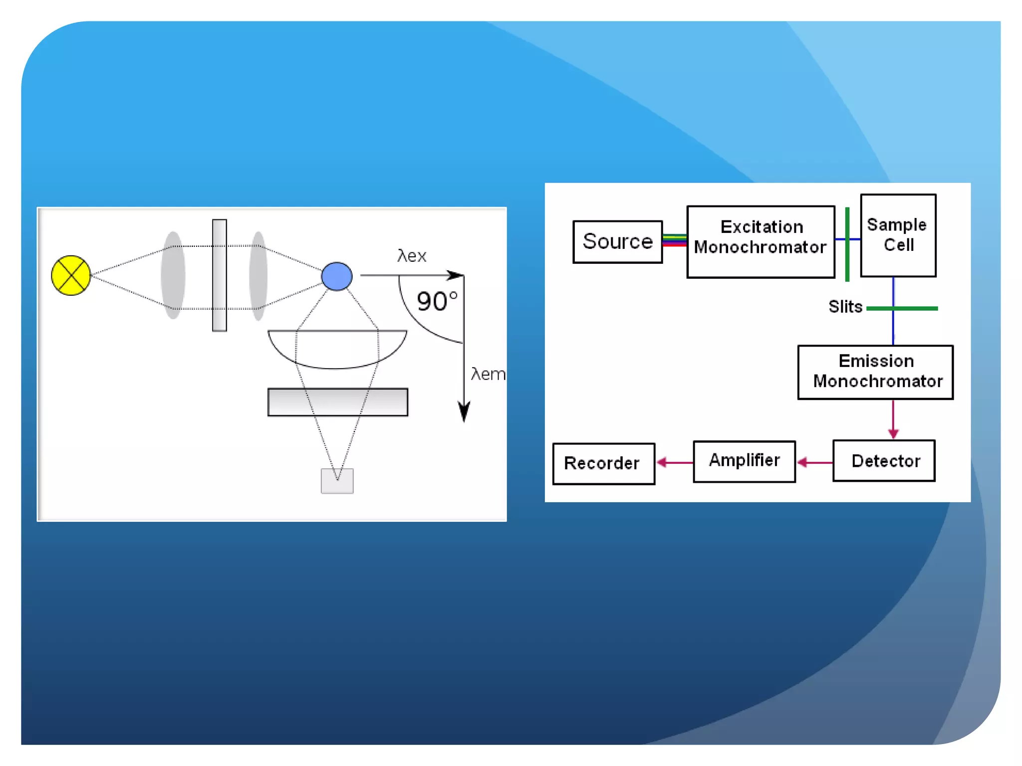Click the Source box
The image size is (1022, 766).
(x=617, y=242)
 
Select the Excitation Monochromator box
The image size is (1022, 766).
(x=761, y=242)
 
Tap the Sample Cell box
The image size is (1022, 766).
(x=898, y=235)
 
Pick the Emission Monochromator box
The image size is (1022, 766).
(x=875, y=372)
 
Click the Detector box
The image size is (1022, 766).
(x=884, y=461)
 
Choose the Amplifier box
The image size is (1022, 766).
(x=744, y=461)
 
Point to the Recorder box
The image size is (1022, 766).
(x=603, y=464)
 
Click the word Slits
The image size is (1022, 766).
(x=845, y=307)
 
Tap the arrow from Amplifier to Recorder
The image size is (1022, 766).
(x=674, y=463)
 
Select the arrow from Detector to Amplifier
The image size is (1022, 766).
(x=814, y=463)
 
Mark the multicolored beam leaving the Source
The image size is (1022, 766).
(x=674, y=240)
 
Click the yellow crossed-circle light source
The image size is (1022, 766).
(x=71, y=275)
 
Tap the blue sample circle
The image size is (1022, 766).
(x=337, y=276)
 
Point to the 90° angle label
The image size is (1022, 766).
(x=437, y=301)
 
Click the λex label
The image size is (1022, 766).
(x=412, y=256)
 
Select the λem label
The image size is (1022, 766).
(x=488, y=374)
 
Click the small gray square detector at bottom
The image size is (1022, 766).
(x=337, y=481)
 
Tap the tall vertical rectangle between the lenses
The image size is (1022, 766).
(x=220, y=275)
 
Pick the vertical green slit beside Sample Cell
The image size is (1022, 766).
(x=847, y=244)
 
